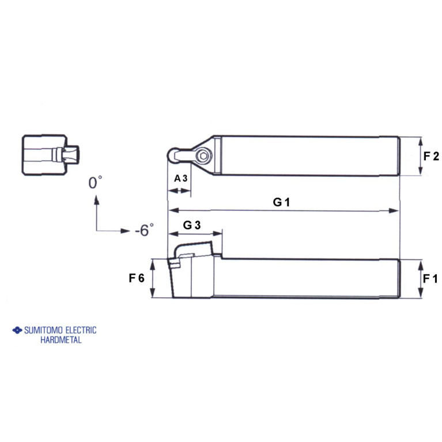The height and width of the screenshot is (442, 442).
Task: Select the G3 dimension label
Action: point(191,225)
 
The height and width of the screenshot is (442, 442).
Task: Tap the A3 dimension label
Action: point(181,178)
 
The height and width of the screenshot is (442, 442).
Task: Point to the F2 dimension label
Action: point(432,156)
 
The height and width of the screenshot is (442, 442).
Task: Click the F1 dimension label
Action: point(430,278)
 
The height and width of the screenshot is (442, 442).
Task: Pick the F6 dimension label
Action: point(137,278)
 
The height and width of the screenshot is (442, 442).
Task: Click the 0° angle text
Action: point(96,183)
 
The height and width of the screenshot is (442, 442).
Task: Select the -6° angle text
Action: point(145,231)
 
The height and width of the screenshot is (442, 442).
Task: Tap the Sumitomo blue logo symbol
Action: point(17,331)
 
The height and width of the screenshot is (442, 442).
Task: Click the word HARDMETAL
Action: point(61,340)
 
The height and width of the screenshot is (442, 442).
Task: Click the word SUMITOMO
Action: point(43,330)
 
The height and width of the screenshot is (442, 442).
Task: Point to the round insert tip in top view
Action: point(173,154)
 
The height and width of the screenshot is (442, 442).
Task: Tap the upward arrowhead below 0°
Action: point(96,199)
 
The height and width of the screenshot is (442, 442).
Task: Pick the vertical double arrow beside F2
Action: point(420,156)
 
